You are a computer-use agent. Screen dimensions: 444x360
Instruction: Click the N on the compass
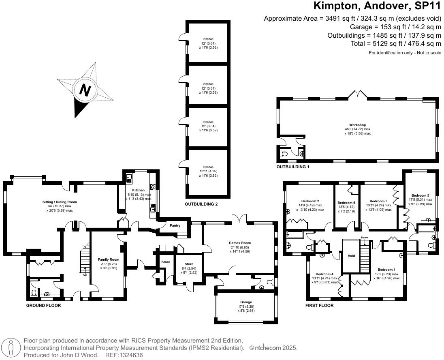click(85, 90)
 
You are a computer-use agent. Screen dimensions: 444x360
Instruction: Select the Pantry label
click(175, 225)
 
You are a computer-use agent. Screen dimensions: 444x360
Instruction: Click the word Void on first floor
click(351, 256)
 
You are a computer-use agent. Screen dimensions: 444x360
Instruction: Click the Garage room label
click(246, 302)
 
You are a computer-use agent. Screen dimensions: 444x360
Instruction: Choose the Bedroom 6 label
click(346, 203)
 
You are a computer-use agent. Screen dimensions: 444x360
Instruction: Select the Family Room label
click(109, 259)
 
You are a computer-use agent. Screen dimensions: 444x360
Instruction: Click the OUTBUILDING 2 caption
click(201, 204)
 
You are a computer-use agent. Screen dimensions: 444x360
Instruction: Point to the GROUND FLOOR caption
click(43, 305)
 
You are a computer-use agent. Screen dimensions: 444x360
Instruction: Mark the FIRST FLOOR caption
click(319, 305)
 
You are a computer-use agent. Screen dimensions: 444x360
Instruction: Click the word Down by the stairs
click(364, 238)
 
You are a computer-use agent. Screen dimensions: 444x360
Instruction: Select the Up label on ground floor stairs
click(85, 275)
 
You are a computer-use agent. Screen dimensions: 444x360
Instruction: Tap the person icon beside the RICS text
click(12, 347)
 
